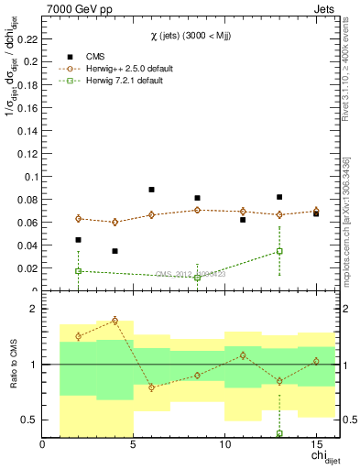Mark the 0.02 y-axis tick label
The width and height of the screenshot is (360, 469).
click(28, 268)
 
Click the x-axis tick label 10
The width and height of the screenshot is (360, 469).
click(224, 446)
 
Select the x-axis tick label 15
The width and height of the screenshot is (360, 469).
click(316, 446)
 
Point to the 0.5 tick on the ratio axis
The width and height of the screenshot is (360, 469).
click(29, 420)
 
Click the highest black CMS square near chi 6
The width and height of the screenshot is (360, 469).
click(151, 190)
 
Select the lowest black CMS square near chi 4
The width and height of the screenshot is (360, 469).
click(115, 251)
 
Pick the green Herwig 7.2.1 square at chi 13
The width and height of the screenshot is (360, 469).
click(279, 251)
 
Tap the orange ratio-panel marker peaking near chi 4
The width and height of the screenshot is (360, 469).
click(115, 321)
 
